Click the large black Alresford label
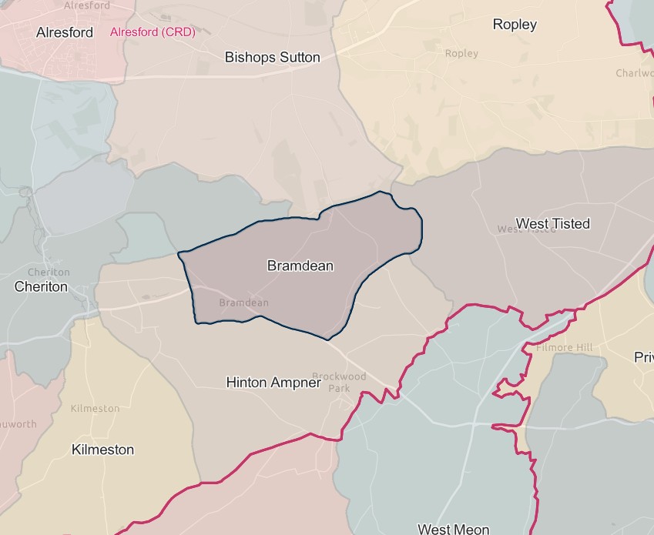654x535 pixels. [x=65, y=32]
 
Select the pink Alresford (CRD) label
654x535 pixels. [x=153, y=32]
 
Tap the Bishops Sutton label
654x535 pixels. [x=272, y=57]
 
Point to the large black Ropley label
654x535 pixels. [x=515, y=25]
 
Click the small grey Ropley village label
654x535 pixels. [x=461, y=53]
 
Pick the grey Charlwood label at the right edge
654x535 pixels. [x=634, y=73]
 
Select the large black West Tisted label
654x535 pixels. [x=552, y=223]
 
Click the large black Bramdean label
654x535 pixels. [x=300, y=266]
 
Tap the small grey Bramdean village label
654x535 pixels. [x=244, y=303]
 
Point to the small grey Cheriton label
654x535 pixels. [x=49, y=273]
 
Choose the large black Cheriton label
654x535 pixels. [x=41, y=286]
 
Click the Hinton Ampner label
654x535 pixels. [x=273, y=382]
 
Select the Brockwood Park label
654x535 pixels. [x=339, y=383]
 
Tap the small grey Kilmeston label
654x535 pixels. [x=95, y=408]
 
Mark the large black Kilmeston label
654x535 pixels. [x=102, y=450]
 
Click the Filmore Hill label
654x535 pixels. [x=564, y=348]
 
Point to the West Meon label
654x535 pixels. [x=453, y=529]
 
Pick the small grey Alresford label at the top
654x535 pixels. [x=87, y=5]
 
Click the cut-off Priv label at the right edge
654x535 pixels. [x=643, y=357]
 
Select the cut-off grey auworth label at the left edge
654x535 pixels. [x=18, y=424]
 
